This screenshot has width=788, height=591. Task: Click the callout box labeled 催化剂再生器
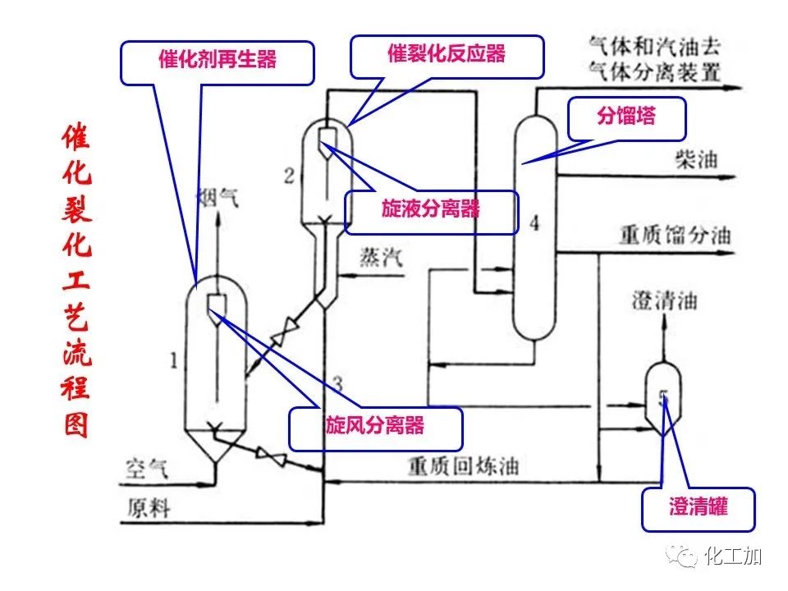[218, 61]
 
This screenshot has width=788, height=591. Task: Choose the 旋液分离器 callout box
[431, 210]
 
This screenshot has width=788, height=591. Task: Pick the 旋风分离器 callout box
[375, 428]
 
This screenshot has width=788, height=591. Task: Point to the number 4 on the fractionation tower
[535, 222]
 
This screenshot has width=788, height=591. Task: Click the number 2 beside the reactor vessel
[288, 175]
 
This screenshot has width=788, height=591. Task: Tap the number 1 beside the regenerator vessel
[174, 359]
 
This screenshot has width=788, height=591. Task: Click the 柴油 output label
[694, 159]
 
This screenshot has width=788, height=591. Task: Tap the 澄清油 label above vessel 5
[664, 300]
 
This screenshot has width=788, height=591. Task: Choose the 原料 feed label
[148, 508]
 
